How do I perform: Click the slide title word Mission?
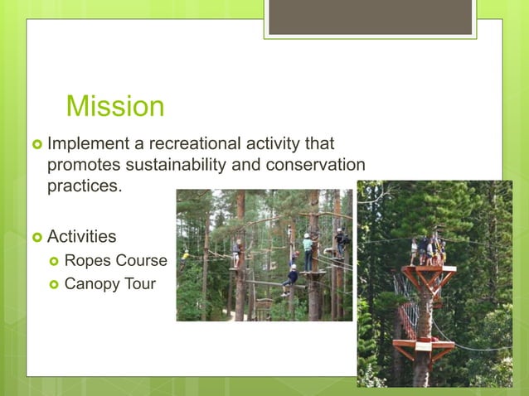click(x=115, y=106)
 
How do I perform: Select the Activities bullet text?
click(x=81, y=237)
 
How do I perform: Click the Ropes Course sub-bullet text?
click(x=115, y=261)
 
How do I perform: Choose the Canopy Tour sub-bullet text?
click(x=110, y=285)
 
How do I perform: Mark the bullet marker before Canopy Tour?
click(x=53, y=286)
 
